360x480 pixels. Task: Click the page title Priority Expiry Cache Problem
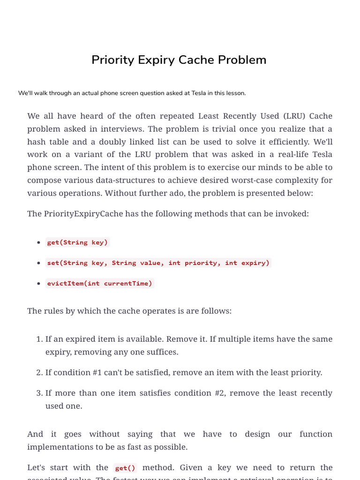[179, 60]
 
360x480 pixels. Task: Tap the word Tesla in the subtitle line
[200, 93]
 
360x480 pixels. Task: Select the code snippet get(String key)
[77, 242]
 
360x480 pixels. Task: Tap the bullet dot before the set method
[38, 263]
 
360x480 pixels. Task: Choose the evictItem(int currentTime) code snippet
[99, 283]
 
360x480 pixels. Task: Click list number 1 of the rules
[39, 339]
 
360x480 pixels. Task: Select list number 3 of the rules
[39, 393]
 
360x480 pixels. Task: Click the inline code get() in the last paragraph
[125, 468]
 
